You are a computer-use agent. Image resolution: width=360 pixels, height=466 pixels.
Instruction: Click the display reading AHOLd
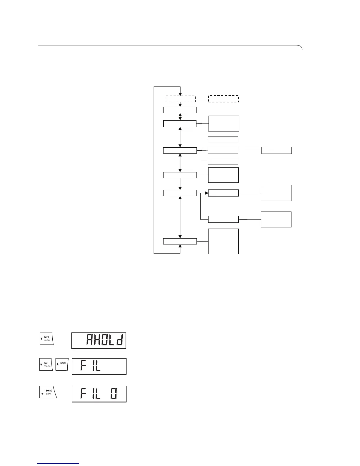(99, 341)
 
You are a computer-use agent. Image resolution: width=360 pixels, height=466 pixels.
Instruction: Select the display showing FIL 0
(99, 394)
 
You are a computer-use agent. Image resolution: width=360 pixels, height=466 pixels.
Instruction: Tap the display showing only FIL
(99, 366)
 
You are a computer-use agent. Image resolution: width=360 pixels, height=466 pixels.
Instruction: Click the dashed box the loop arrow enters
(180, 99)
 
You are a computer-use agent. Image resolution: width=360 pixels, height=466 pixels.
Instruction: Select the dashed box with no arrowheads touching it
(224, 99)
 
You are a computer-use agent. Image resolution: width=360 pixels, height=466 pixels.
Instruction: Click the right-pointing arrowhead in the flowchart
(206, 193)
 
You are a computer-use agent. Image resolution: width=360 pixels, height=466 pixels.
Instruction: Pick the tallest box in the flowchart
(223, 241)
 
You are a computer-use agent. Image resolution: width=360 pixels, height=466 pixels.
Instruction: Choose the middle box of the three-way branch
(223, 150)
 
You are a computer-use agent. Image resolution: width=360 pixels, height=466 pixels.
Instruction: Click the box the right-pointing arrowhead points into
(223, 193)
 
